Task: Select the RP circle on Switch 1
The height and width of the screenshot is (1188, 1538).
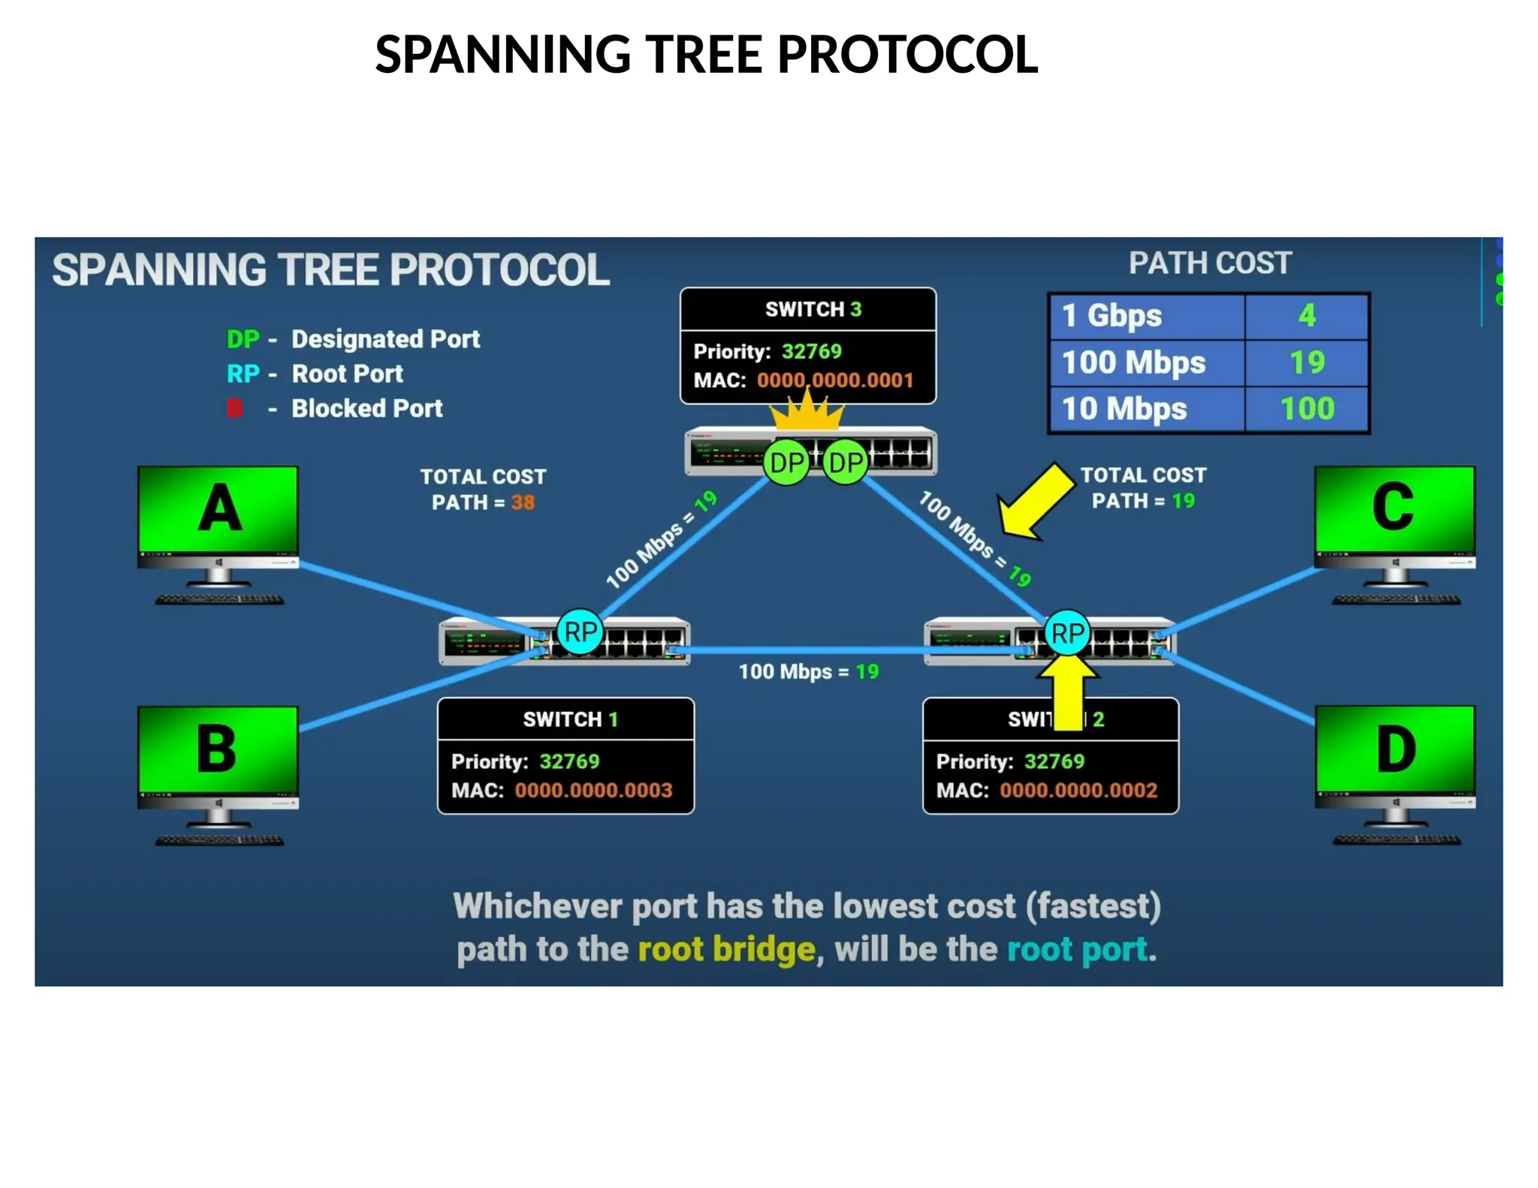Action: click(x=580, y=632)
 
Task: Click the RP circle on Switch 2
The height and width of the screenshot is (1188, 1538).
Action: click(x=1067, y=633)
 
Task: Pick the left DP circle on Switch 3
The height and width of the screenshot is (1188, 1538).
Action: click(x=786, y=463)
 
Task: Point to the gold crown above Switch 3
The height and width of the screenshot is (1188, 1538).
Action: click(x=808, y=412)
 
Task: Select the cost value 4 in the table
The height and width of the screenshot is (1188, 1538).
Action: click(x=1307, y=315)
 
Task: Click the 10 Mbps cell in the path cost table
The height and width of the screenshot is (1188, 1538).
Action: click(x=1124, y=409)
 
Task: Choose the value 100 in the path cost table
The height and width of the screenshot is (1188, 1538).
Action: click(x=1307, y=409)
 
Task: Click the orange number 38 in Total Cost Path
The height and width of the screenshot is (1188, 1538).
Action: click(x=523, y=502)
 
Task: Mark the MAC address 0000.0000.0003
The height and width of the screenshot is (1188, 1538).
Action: click(x=593, y=790)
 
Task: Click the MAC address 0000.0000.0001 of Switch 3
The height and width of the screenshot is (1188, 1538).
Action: click(x=834, y=380)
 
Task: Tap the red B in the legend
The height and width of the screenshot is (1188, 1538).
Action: click(x=234, y=409)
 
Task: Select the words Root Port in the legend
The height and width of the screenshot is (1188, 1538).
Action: click(x=347, y=373)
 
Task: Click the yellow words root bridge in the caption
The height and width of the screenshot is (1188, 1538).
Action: click(x=726, y=949)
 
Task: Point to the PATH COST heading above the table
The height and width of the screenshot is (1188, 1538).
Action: click(x=1210, y=264)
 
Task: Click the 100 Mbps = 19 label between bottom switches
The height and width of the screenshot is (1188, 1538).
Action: click(x=808, y=671)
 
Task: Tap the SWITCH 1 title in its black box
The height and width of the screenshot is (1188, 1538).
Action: click(x=570, y=719)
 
